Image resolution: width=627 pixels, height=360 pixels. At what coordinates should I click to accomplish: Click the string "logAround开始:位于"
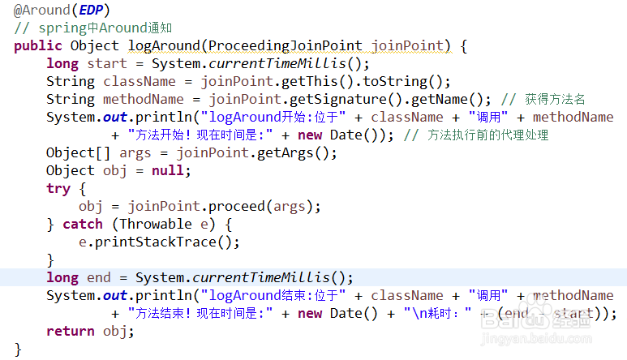pos(273,117)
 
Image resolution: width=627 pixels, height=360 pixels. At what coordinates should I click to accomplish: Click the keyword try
pos(58,188)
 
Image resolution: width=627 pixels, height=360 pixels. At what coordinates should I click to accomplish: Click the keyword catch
pos(83,224)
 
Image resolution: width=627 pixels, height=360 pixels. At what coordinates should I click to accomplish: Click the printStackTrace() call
pos(155,242)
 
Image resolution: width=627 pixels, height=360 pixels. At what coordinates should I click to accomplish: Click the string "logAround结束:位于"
pos(273,295)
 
